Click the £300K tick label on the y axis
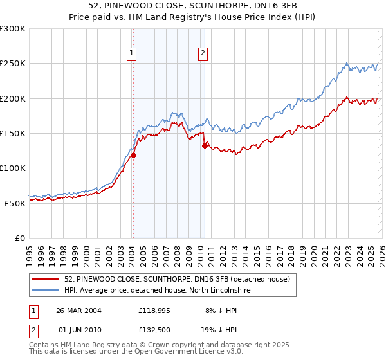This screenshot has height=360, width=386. [x=13, y=29]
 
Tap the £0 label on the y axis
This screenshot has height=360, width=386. [x=21, y=238]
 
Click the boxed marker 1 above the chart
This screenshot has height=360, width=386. [x=131, y=54]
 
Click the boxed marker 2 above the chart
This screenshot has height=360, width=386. [x=203, y=54]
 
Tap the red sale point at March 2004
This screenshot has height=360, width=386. [x=134, y=155]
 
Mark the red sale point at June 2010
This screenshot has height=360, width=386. [x=205, y=145]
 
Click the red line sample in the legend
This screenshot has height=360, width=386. [x=46, y=279]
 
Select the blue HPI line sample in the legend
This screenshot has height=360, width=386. [x=46, y=290]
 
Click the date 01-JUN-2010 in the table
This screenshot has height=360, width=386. [x=78, y=330]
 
